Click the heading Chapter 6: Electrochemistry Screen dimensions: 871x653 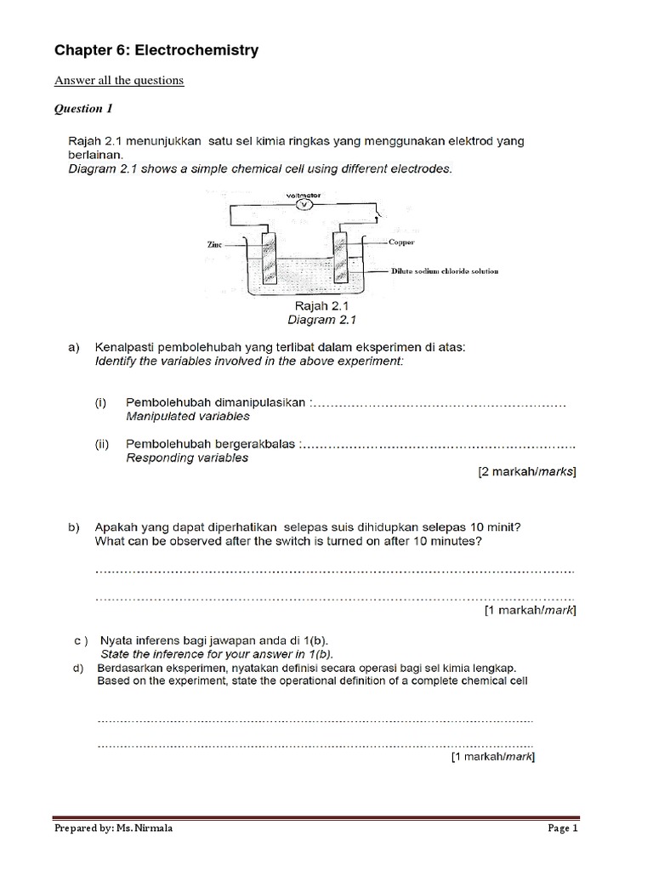click(156, 52)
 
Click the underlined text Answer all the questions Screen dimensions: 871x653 click(119, 81)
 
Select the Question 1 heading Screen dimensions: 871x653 click(83, 109)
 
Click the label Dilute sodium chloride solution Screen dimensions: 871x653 click(444, 270)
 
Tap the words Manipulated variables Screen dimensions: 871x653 click(188, 417)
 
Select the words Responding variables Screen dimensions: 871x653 click(187, 458)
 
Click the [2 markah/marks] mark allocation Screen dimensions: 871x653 click(527, 472)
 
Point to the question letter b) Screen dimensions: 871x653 click(74, 527)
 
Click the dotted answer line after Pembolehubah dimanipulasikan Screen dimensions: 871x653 click(439, 404)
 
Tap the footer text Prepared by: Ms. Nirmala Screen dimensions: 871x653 click(113, 828)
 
